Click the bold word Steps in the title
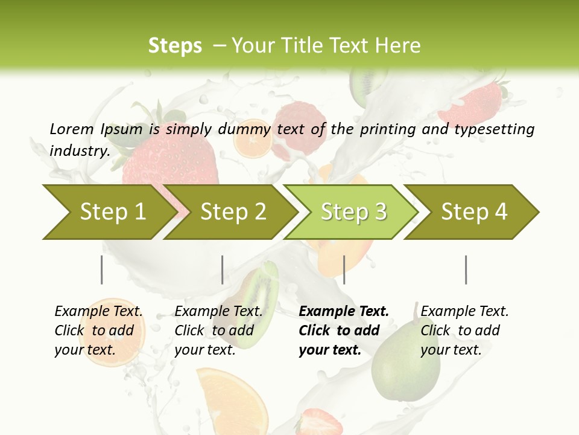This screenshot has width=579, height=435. [175, 45]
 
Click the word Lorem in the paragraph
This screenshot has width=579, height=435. [71, 129]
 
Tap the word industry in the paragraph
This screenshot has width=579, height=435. [79, 150]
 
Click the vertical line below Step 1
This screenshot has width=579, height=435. [102, 269]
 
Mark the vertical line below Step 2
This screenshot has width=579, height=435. [223, 269]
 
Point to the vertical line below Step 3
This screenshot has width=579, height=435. [344, 269]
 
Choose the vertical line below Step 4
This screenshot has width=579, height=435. [466, 269]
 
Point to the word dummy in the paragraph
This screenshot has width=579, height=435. [245, 129]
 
